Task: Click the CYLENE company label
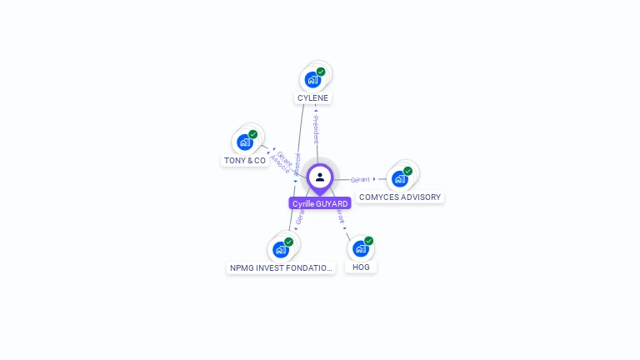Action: tap(313, 98)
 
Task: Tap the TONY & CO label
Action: tap(245, 160)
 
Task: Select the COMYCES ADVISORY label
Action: tap(400, 197)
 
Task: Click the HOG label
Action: tap(361, 267)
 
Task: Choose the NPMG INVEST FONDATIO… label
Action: tap(281, 268)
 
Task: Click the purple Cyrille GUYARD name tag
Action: tap(320, 203)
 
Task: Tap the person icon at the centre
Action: tap(320, 177)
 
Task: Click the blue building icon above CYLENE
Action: tap(312, 80)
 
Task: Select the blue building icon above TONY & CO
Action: tap(244, 142)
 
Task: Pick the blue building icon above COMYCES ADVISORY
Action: tap(400, 179)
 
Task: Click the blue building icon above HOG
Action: tap(360, 248)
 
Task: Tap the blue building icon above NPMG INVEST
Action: tap(281, 249)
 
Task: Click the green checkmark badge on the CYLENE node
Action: tap(321, 72)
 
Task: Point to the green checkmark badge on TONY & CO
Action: tap(252, 134)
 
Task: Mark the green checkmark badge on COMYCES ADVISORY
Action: tap(407, 171)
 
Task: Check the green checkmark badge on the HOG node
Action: tap(368, 241)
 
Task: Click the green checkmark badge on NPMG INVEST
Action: tap(288, 242)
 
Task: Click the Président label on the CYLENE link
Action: tap(316, 129)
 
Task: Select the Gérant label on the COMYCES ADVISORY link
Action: tap(360, 179)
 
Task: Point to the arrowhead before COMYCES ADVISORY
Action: tap(374, 179)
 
